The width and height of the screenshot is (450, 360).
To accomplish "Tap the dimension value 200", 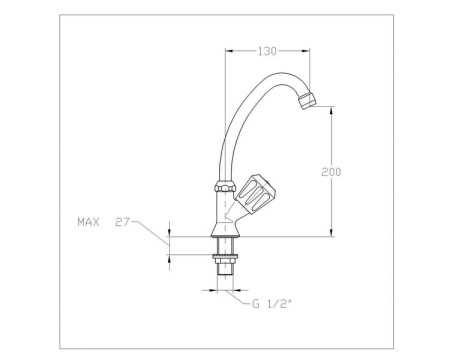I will coord(332,172).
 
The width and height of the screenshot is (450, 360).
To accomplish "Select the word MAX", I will coord(89,223).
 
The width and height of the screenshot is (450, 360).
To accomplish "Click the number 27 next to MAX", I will coord(123,223).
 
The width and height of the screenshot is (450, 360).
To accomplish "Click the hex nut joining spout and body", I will coord(222,187).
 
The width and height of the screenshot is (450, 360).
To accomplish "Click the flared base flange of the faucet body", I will coord(223,236).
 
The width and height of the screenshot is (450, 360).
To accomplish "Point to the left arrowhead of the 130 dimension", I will coord(228,50).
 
